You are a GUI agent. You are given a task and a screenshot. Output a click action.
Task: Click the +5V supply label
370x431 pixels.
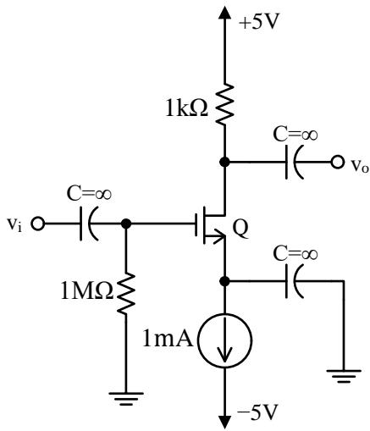(258, 22)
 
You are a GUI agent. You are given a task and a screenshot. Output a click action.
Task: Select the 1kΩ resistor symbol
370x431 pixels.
(224, 104)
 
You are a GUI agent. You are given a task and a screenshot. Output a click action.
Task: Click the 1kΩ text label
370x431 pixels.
(186, 109)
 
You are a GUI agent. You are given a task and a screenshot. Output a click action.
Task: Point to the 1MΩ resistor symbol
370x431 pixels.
(126, 293)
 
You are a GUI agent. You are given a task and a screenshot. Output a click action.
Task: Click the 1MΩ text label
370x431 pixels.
(87, 292)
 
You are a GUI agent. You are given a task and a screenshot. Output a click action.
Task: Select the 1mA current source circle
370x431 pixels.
(224, 340)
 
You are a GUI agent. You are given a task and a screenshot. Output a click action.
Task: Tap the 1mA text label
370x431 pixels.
(168, 339)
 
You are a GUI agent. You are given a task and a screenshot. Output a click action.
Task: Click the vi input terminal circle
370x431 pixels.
(37, 224)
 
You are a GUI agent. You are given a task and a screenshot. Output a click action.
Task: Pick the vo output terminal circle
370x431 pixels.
(337, 163)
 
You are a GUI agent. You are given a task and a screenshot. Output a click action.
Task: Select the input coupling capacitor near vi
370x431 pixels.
(89, 224)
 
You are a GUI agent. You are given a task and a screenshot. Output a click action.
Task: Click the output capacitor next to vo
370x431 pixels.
(295, 163)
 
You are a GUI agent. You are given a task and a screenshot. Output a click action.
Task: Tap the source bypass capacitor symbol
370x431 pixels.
(295, 281)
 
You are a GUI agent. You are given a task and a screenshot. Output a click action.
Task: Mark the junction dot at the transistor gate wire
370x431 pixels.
(126, 224)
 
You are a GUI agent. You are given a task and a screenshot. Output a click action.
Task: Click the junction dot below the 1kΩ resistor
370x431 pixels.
(224, 163)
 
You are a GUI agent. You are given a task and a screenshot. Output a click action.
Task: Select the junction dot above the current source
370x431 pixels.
(224, 281)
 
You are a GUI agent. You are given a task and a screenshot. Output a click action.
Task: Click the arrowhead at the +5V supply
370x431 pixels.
(224, 12)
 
